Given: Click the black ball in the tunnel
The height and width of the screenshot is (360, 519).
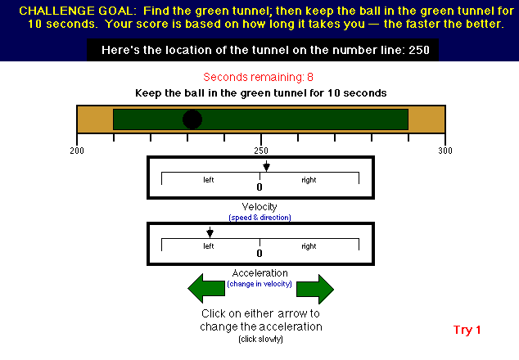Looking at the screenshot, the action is (192, 119).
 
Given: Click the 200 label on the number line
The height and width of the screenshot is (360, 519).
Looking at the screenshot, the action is (77, 151).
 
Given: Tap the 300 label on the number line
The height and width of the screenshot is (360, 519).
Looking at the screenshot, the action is (445, 151).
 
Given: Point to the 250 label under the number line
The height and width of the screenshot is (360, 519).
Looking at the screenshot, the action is (261, 151).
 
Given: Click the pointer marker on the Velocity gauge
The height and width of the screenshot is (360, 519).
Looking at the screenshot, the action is (266, 166).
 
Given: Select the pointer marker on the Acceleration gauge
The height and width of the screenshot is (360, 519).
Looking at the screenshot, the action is (210, 232).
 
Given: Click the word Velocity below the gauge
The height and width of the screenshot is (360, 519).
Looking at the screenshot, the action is (259, 207).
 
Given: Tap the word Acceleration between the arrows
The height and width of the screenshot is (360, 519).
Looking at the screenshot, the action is (259, 273).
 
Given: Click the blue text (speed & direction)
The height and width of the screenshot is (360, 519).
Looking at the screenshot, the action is (259, 218).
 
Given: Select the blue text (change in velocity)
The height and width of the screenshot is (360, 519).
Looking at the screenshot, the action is (259, 284).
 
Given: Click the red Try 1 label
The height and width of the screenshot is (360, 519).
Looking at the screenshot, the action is (467, 330).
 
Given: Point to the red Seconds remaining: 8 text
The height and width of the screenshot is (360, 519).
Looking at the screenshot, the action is (258, 77).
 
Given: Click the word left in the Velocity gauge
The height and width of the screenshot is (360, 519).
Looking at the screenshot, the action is (209, 180).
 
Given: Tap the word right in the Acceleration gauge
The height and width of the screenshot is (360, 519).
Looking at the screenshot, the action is (309, 246).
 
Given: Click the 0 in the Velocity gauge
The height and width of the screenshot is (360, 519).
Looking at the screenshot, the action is (259, 187).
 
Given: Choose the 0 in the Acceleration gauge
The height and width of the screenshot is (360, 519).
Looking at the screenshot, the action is (259, 254).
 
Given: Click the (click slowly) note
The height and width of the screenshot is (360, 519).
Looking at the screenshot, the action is (260, 340).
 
